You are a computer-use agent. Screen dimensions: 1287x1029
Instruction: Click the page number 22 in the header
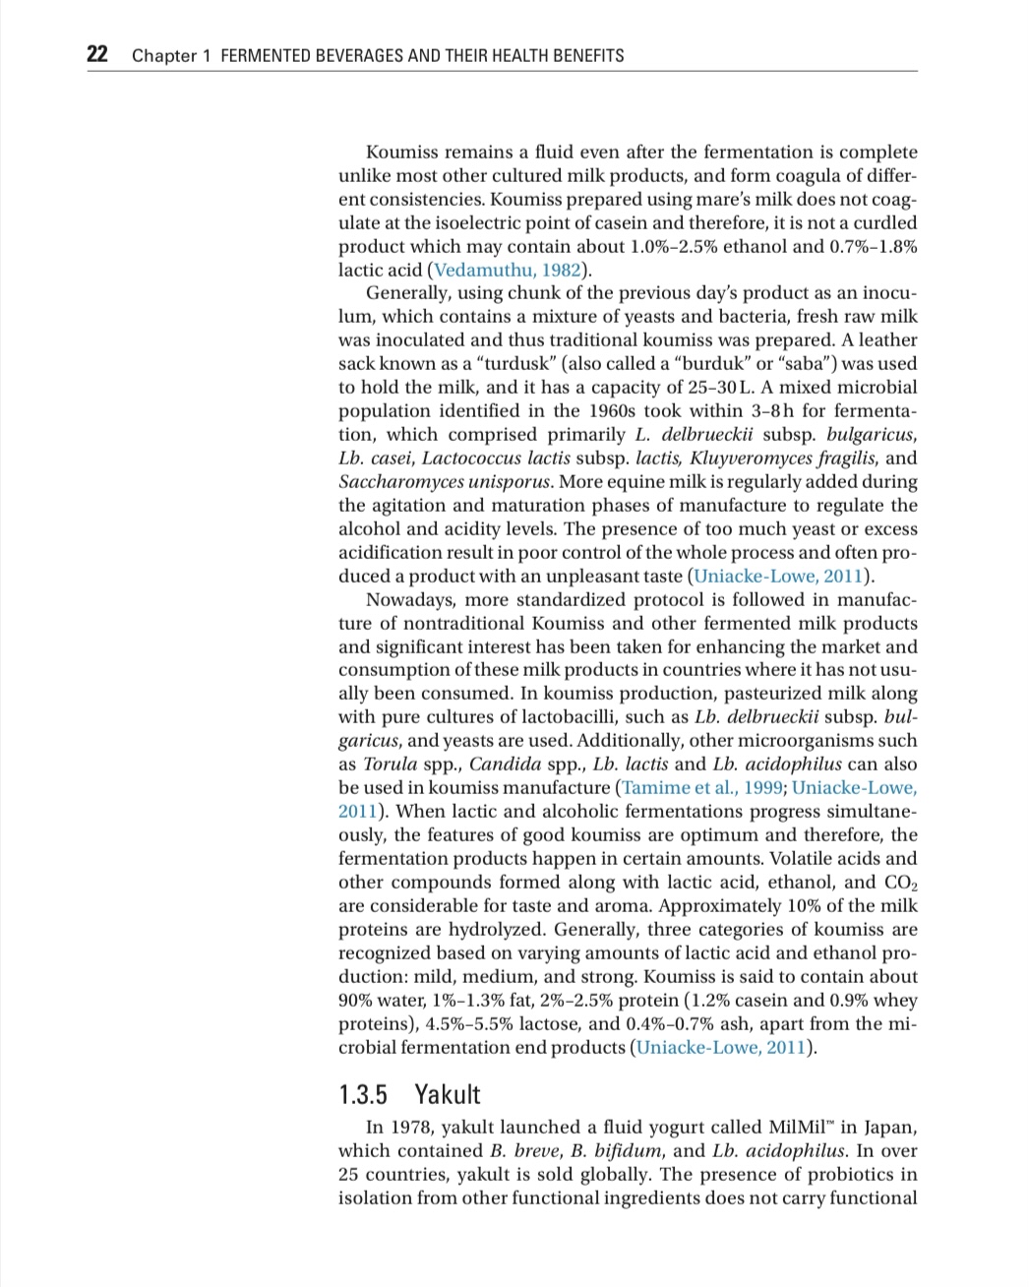97,54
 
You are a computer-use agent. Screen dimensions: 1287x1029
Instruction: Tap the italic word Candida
503,765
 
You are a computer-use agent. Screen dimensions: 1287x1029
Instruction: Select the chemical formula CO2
901,883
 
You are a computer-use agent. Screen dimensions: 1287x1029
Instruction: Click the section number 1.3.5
363,1094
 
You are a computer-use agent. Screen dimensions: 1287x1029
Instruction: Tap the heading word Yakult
448,1094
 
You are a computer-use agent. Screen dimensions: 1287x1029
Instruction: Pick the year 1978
411,1127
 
